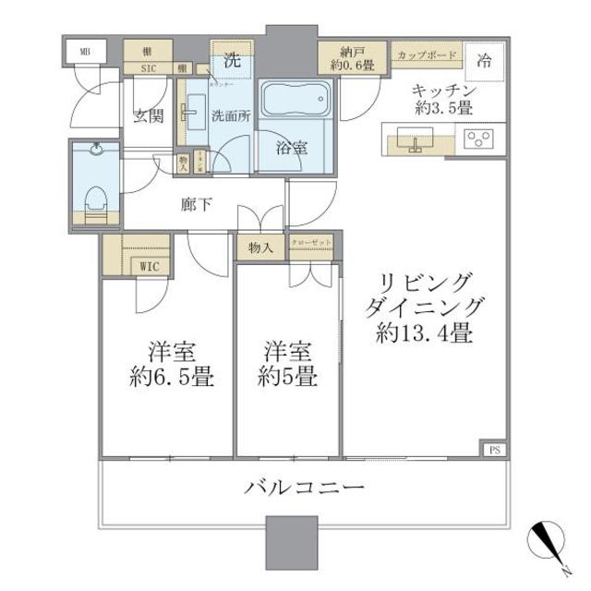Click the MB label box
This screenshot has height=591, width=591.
click(86, 52)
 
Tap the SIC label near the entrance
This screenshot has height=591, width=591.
click(148, 68)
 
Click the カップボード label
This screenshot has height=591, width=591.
click(426, 55)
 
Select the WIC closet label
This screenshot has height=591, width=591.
click(147, 266)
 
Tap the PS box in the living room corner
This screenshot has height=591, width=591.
click(494, 451)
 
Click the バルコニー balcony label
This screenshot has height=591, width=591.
click(305, 487)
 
